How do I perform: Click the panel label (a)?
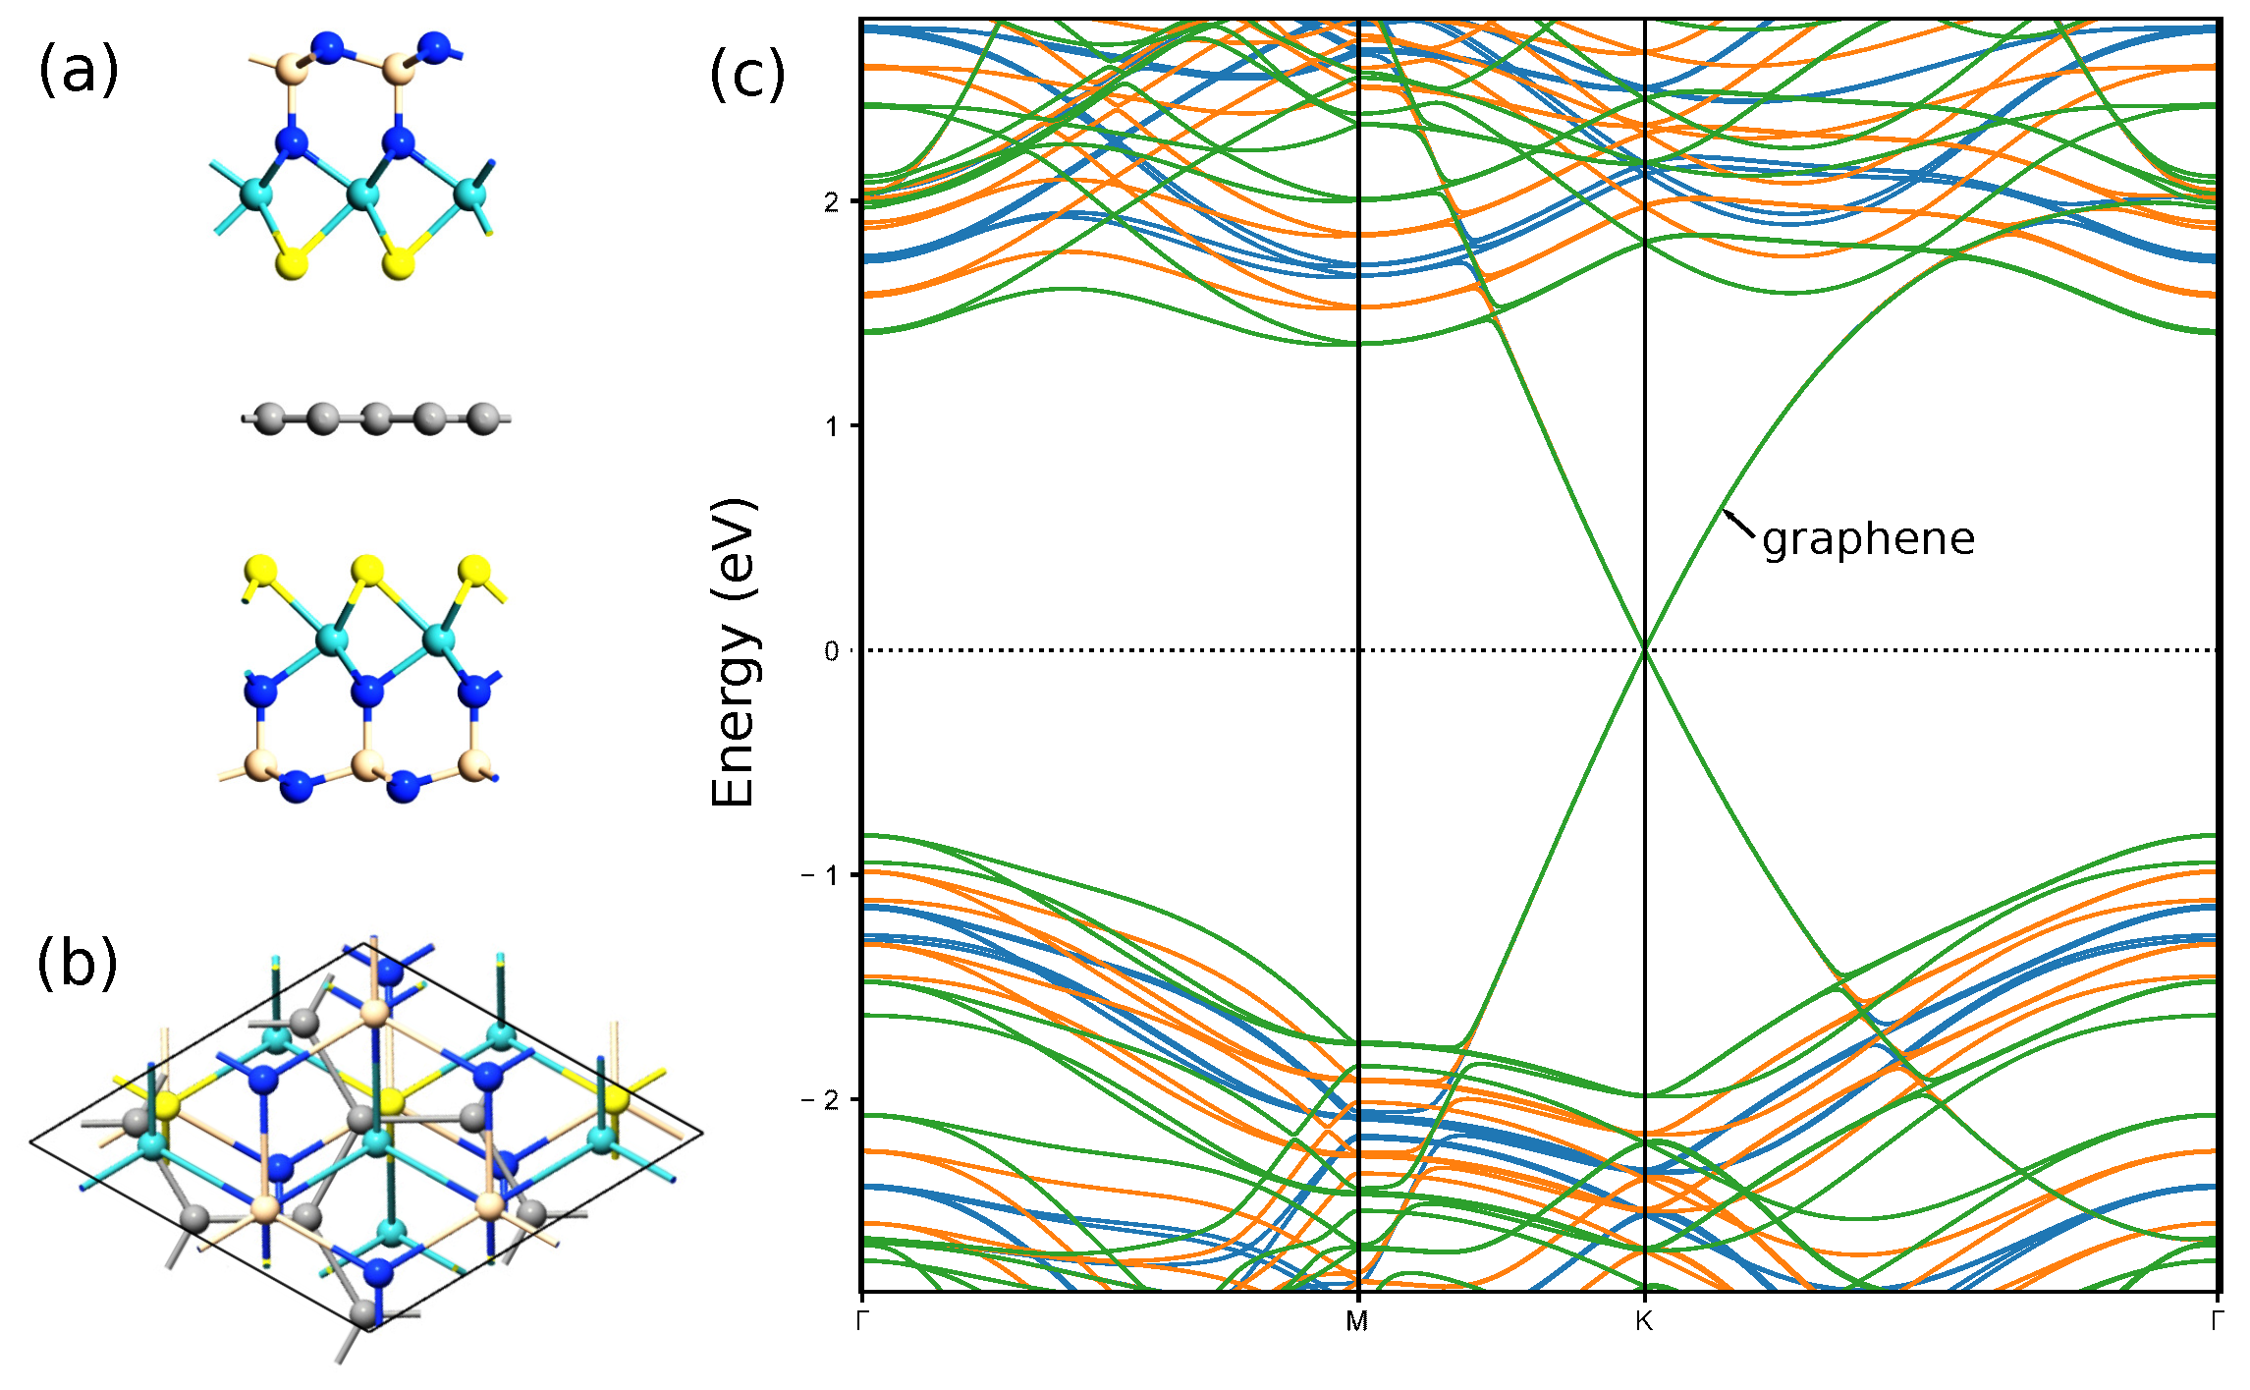78,71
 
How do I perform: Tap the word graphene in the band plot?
1868,539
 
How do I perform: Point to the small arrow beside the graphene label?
1738,525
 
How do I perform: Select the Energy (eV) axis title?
735,653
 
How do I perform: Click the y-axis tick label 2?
832,201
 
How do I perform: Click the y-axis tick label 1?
832,426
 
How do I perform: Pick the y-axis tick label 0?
832,651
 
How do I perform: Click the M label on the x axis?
1356,1321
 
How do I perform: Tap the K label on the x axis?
1644,1321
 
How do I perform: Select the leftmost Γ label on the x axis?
862,1321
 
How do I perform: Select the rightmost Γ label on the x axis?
2217,1321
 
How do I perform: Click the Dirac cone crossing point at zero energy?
1645,649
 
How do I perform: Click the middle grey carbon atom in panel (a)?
376,419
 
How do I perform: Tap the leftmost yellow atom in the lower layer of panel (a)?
261,571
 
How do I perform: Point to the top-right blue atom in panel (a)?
433,46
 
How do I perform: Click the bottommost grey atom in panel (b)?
364,1311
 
